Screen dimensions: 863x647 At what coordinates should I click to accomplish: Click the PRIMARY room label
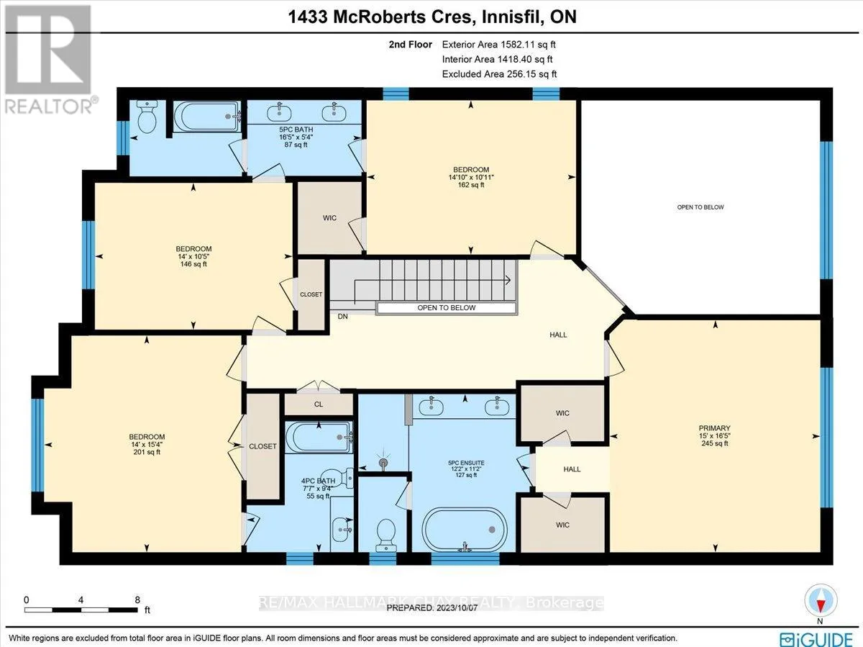(x=714, y=428)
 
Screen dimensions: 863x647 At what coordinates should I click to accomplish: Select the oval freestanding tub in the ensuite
(x=465, y=530)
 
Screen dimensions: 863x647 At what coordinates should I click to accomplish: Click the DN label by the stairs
(x=342, y=316)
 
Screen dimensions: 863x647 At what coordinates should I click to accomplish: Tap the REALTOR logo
(x=50, y=60)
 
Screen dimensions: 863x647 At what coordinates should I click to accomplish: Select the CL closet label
(x=319, y=404)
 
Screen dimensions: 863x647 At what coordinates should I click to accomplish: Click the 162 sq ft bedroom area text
(x=471, y=184)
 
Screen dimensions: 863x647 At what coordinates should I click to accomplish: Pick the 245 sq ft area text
(x=715, y=443)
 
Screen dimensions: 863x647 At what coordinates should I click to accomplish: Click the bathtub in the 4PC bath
(x=319, y=438)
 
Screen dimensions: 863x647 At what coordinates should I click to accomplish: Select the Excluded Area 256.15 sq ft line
(x=499, y=74)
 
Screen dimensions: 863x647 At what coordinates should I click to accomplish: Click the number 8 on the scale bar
(x=137, y=600)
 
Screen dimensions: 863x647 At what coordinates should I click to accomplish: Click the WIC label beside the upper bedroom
(x=329, y=218)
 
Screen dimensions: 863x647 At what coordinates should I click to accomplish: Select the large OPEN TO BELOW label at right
(x=700, y=207)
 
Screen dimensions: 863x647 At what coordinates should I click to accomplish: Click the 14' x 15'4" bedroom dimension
(x=147, y=445)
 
